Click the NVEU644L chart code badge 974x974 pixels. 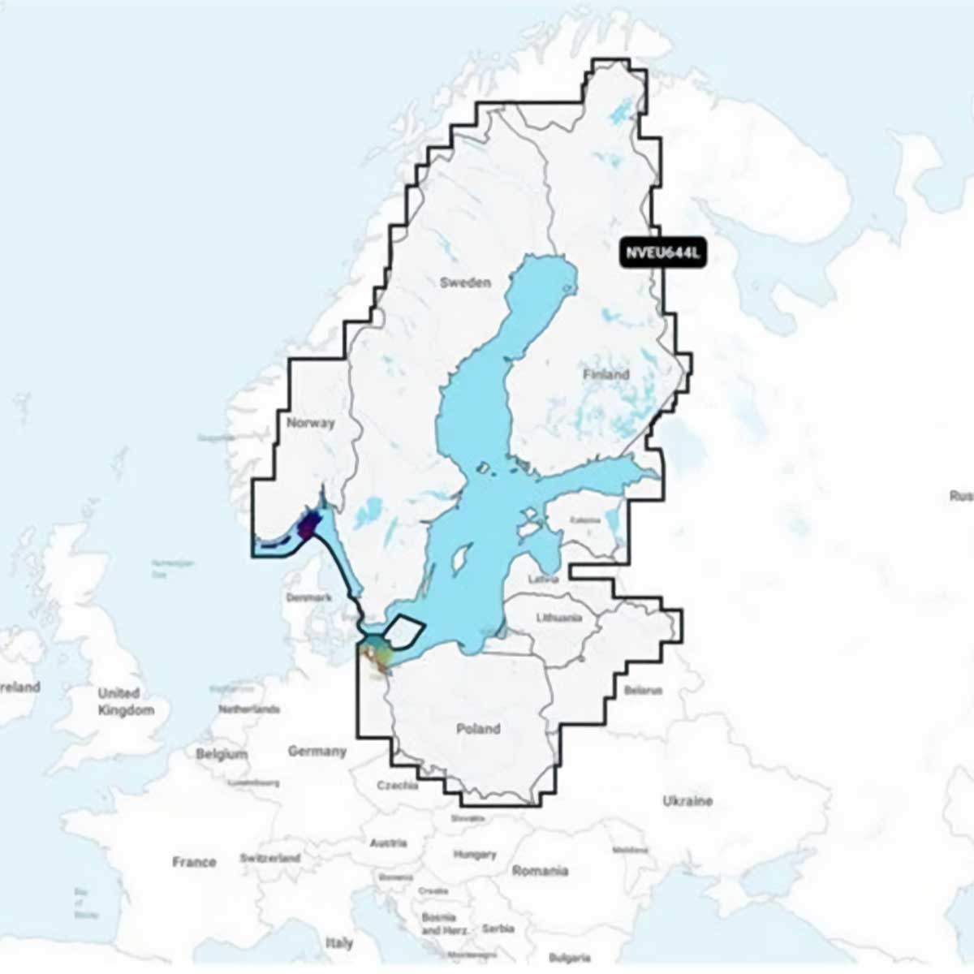click(x=662, y=253)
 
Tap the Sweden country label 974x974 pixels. click(x=465, y=282)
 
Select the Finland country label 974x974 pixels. click(x=606, y=374)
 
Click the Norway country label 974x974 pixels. click(x=310, y=423)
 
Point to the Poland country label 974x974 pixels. click(x=478, y=729)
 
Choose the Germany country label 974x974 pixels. click(x=317, y=752)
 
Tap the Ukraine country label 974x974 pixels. click(x=687, y=801)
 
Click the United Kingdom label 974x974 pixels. click(x=125, y=702)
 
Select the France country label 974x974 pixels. click(x=194, y=862)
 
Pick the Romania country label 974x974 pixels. click(x=540, y=871)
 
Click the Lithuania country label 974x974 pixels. click(x=559, y=618)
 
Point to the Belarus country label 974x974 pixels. click(x=643, y=691)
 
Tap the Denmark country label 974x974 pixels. click(x=309, y=597)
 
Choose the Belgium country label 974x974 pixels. click(x=221, y=754)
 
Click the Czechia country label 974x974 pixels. click(x=398, y=786)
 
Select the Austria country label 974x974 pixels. click(x=388, y=843)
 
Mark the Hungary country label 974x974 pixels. click(x=475, y=855)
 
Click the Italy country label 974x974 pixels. click(x=339, y=943)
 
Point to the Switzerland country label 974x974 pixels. click(x=270, y=858)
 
